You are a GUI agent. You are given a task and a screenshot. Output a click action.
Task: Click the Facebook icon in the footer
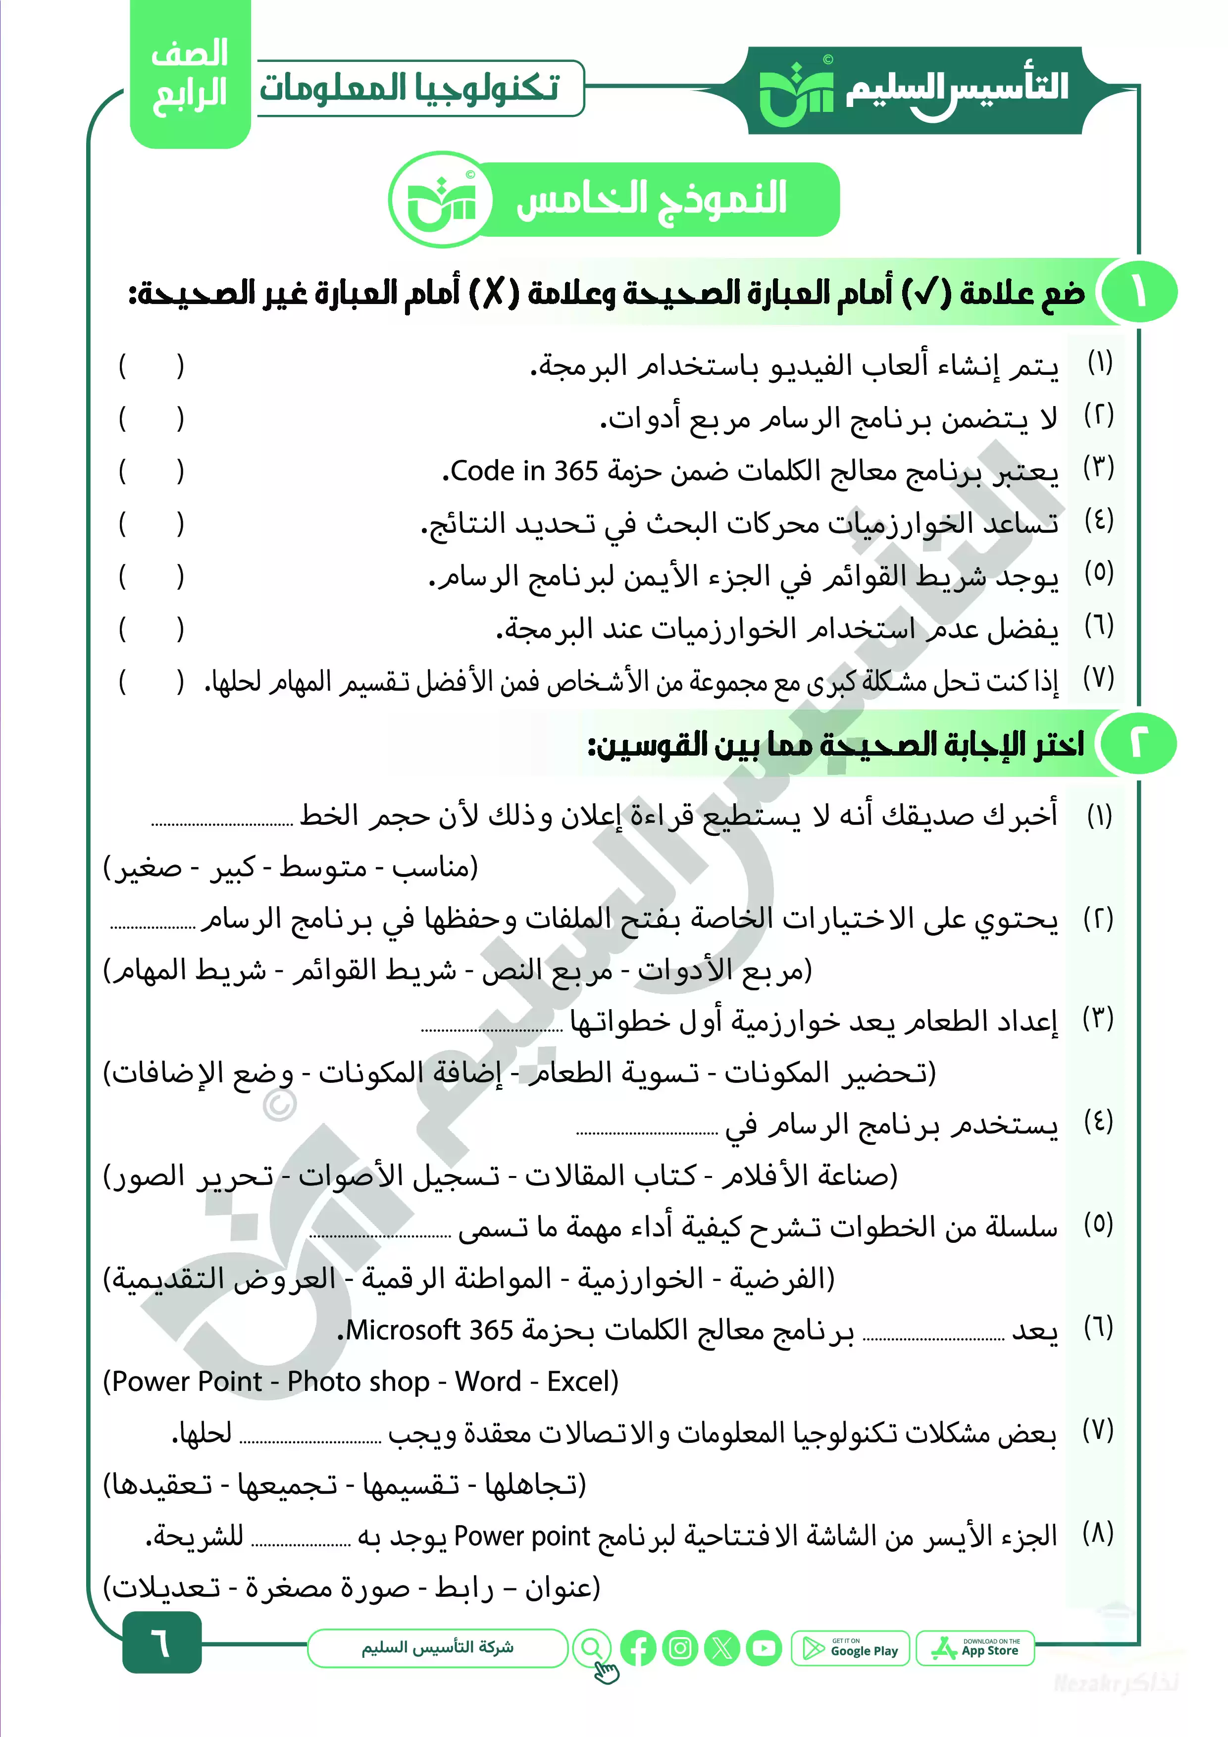coord(638,1648)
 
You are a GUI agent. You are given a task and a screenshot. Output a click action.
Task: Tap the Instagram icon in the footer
coord(679,1648)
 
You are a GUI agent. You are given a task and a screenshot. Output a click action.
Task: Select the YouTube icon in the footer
coord(764,1648)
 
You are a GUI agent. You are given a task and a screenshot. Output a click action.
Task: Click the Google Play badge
coord(850,1648)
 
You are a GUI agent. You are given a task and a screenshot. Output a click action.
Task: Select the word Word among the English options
coord(488,1381)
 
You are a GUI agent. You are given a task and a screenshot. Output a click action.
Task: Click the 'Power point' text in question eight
coord(521,1536)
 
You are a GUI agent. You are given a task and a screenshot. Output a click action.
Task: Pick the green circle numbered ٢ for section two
coord(1138,744)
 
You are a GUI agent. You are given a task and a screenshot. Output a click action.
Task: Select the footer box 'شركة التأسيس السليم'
coord(437,1648)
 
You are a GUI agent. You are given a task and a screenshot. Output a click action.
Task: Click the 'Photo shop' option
coord(358,1381)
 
